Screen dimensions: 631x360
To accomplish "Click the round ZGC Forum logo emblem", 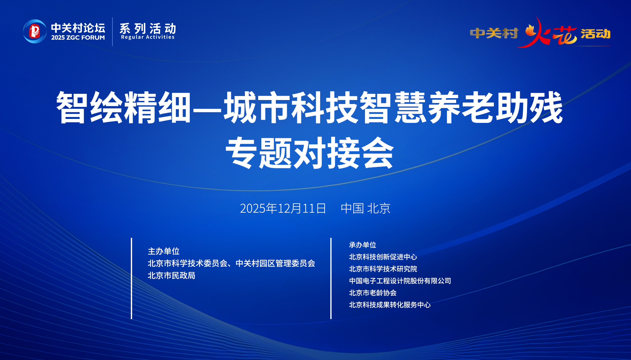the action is [35, 31].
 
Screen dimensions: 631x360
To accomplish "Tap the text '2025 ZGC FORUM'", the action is [78, 37].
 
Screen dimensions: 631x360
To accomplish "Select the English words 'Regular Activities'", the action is [148, 37].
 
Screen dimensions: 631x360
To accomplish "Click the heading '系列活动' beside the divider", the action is [148, 28].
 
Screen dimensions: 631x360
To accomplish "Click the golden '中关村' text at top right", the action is [494, 33].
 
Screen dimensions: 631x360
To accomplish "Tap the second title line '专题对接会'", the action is [310, 153].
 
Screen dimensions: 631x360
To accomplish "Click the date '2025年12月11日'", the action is [283, 208].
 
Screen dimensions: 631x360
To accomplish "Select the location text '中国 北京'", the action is [365, 208].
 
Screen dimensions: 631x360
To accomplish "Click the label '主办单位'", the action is [164, 251].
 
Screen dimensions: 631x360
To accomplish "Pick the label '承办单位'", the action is [362, 245].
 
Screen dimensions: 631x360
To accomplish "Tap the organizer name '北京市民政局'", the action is [172, 276].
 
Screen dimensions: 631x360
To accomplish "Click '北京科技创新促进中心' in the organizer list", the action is [383, 257].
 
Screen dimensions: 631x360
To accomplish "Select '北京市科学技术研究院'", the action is [383, 269].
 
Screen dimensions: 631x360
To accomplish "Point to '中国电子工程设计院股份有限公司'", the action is [400, 281].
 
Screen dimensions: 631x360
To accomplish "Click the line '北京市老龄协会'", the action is [373, 293].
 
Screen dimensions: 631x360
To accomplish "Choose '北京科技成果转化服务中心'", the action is [390, 305].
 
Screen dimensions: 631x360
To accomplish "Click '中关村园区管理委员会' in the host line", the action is [276, 263].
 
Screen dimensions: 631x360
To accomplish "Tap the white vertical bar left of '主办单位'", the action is [132, 279].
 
